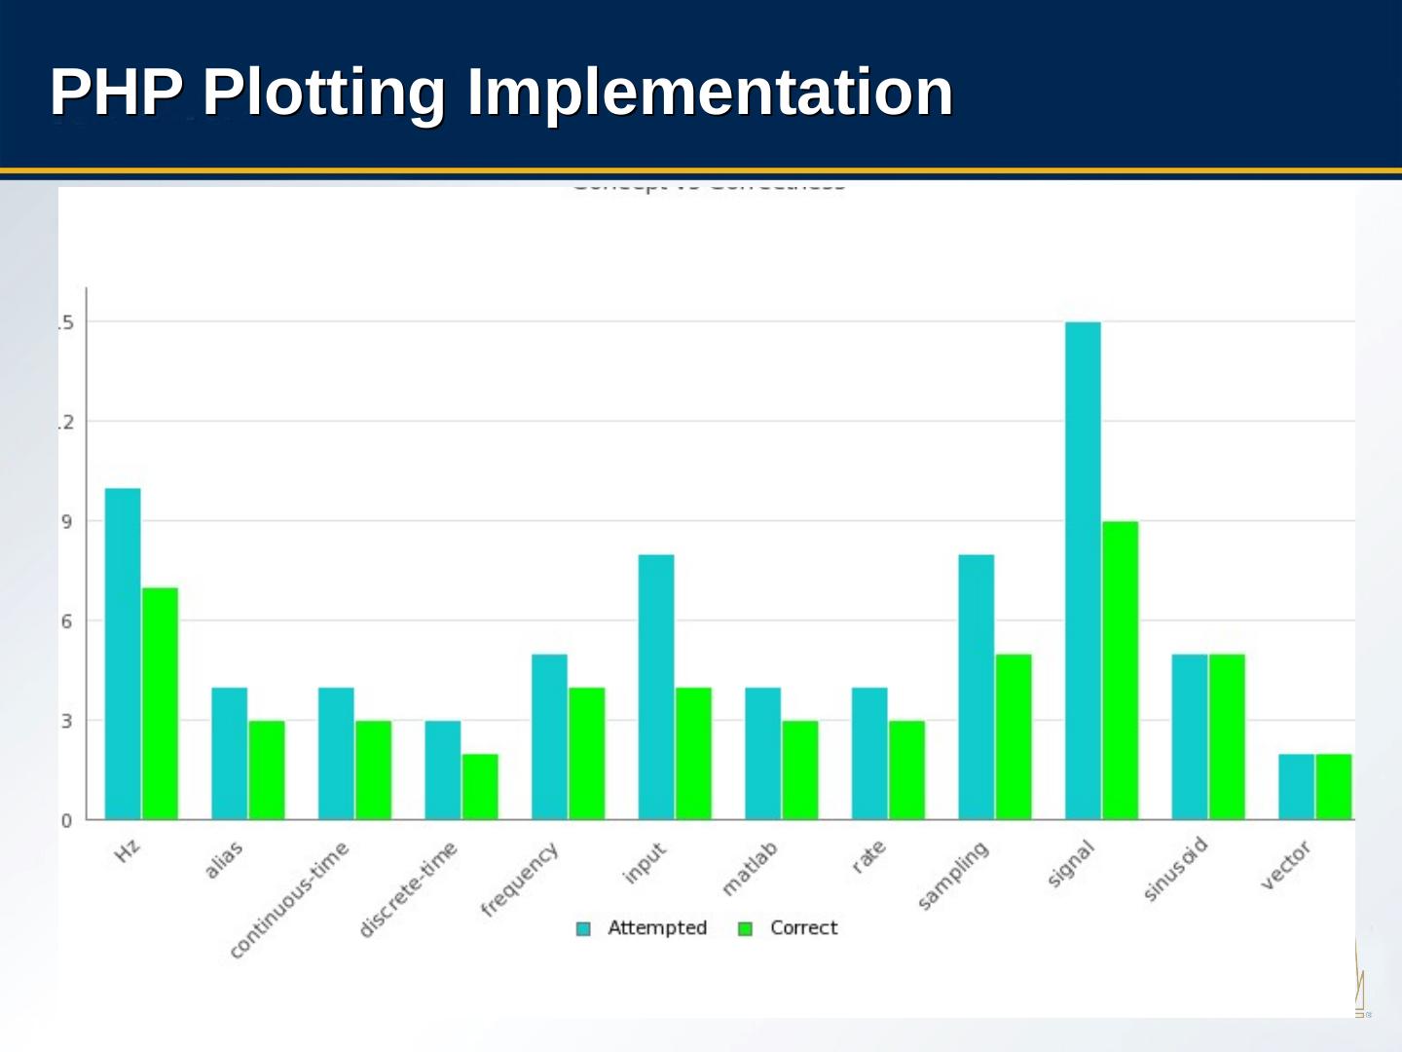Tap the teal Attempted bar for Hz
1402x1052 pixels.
click(123, 653)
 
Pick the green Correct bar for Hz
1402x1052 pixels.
click(160, 703)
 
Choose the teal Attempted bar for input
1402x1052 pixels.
click(656, 687)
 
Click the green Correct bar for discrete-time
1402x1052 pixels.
click(480, 786)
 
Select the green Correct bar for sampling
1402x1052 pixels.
click(1014, 736)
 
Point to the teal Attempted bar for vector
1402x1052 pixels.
click(1296, 786)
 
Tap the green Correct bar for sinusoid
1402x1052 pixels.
click(1227, 736)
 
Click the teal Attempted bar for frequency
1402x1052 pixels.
click(549, 736)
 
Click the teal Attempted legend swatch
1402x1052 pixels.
click(583, 928)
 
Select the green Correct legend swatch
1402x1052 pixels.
click(746, 928)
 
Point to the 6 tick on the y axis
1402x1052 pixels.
click(66, 621)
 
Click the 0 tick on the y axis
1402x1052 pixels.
click(66, 820)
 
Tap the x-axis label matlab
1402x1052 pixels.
click(750, 868)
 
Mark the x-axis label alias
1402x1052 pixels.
click(224, 860)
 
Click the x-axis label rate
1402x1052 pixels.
click(868, 856)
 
